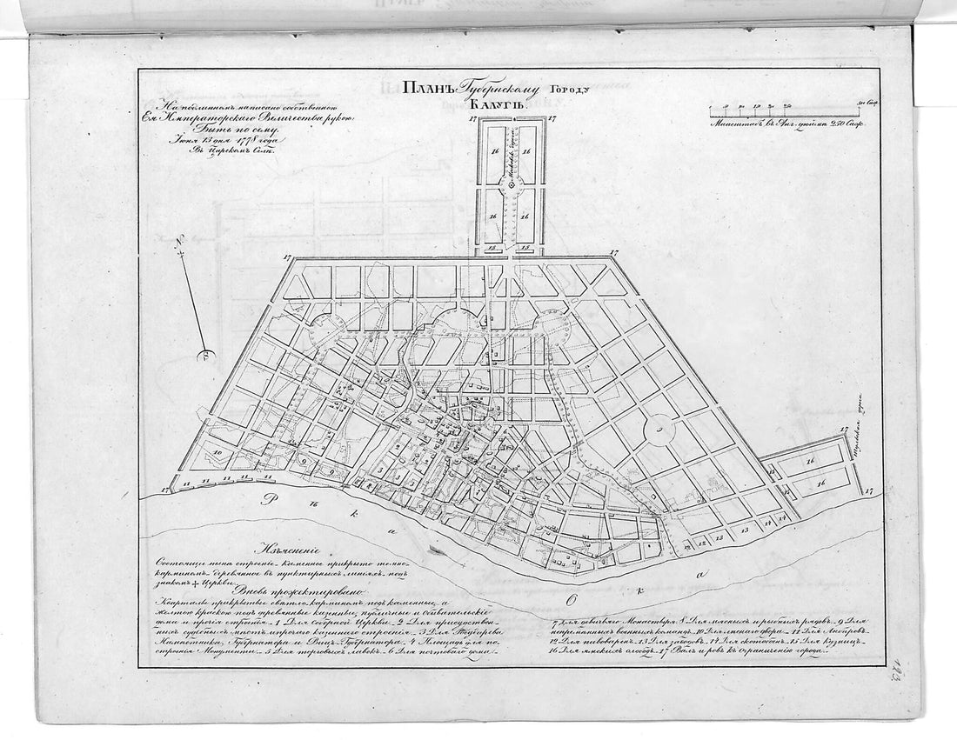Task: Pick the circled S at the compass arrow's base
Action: pyautogui.click(x=205, y=353)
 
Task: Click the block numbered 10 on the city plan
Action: pyautogui.click(x=217, y=453)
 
